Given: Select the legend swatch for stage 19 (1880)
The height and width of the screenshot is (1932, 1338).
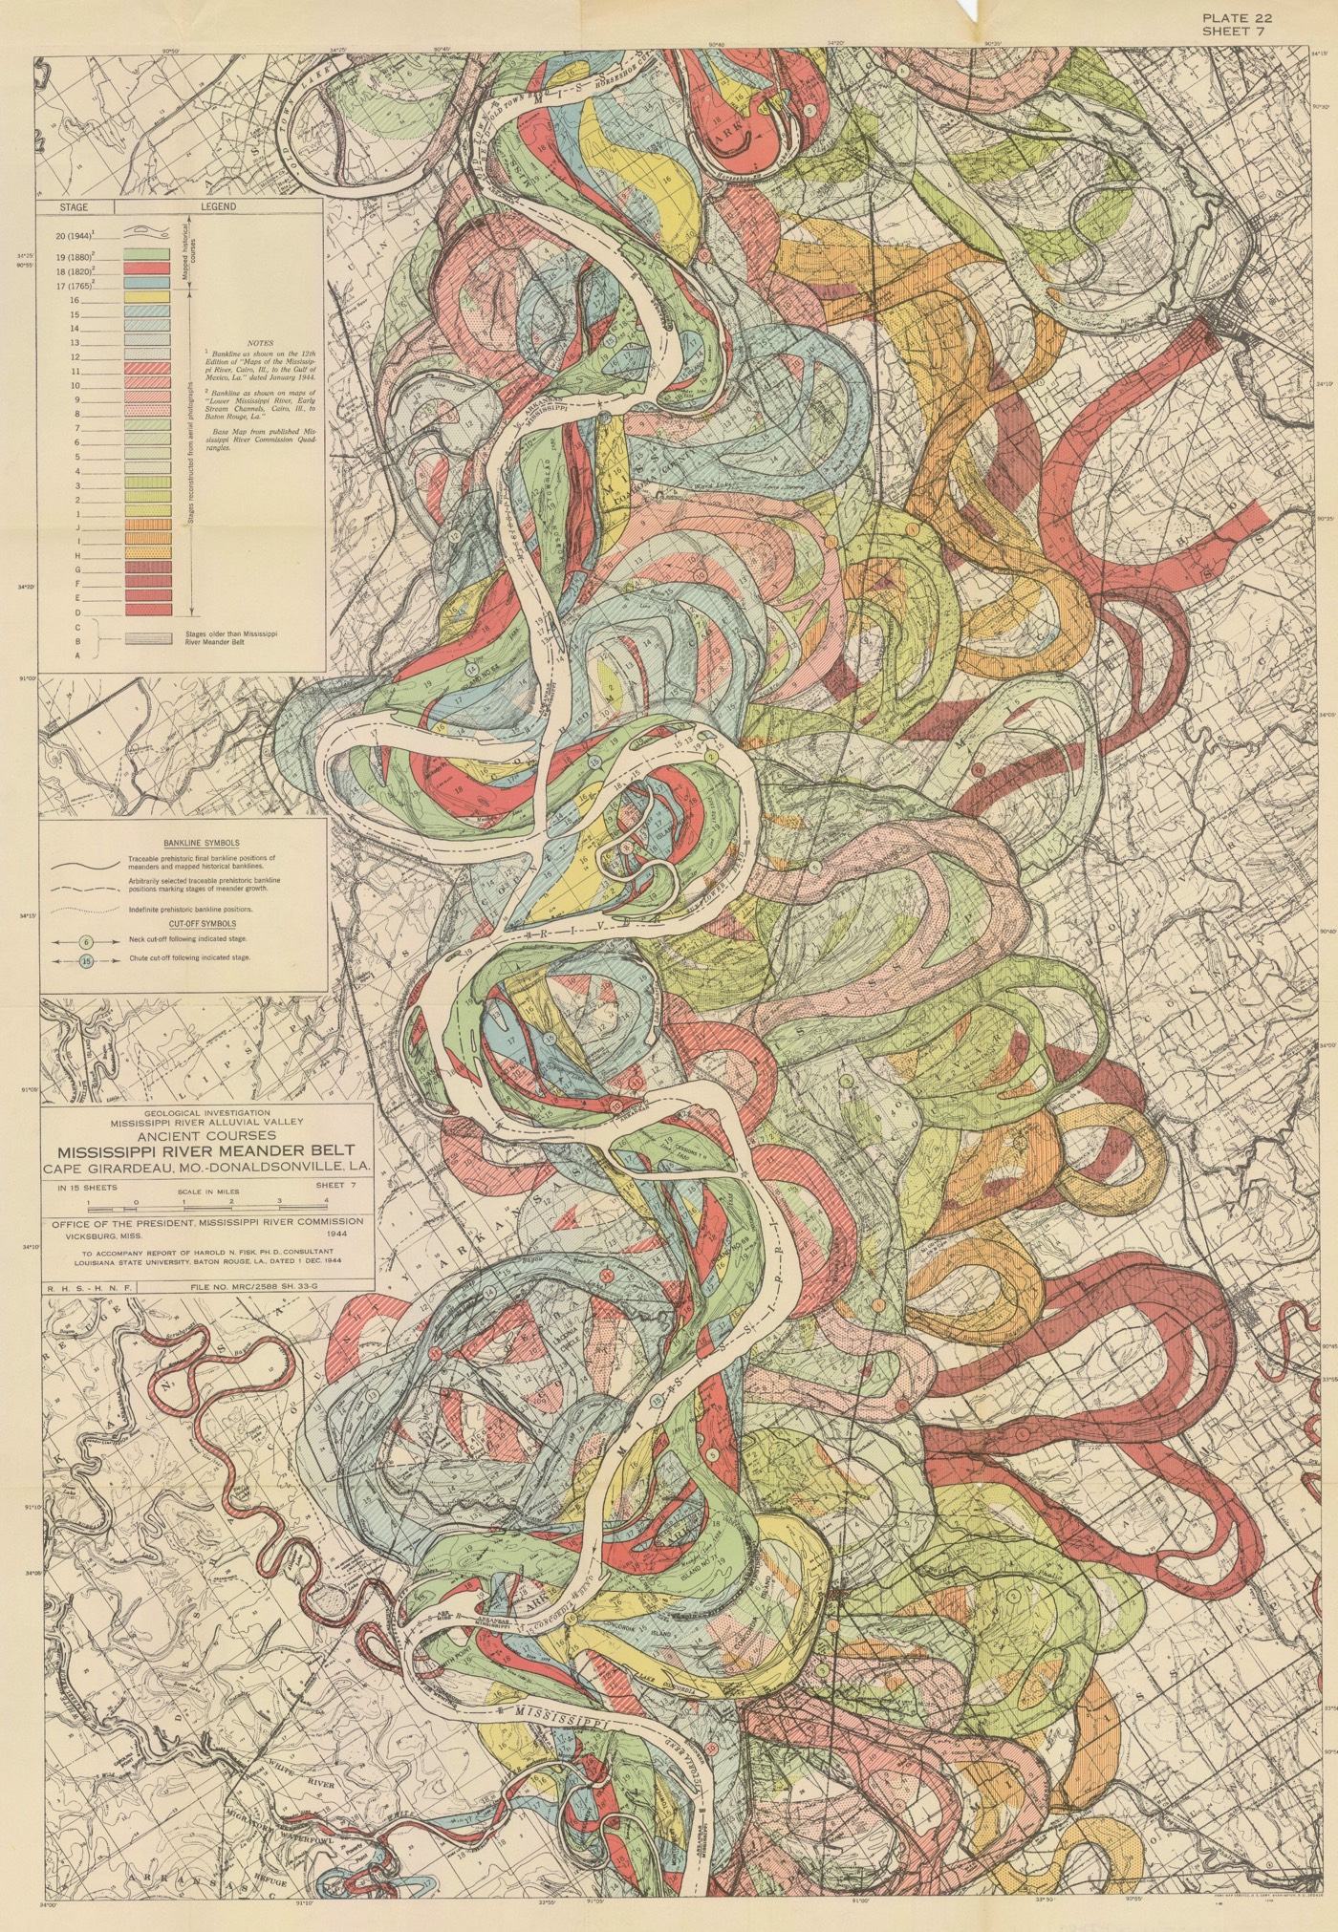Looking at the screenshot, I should pos(149,255).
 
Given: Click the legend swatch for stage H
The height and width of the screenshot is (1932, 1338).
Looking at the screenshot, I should pos(149,552).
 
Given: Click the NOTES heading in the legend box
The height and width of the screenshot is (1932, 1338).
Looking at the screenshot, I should pos(259,341).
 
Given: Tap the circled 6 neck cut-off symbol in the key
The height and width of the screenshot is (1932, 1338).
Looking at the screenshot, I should pos(86,941).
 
